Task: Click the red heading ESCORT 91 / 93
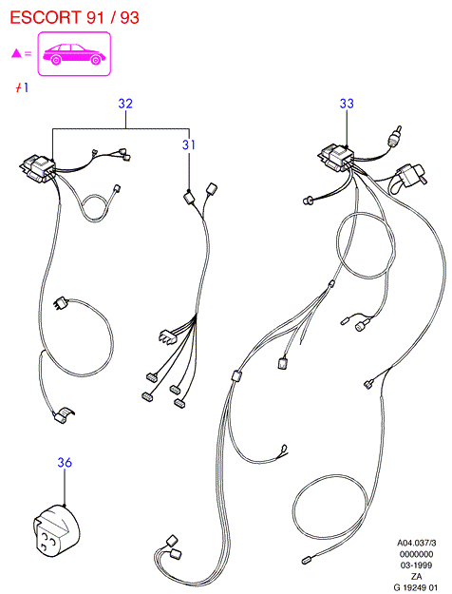tap(75, 18)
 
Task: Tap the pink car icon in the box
tap(74, 54)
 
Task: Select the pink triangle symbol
tap(16, 53)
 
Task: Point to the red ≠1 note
tap(22, 87)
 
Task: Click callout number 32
tap(125, 104)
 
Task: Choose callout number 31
tap(189, 144)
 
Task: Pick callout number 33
tap(347, 104)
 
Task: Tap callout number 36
tap(65, 463)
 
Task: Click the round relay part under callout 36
tap(56, 528)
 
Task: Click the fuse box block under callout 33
tap(336, 158)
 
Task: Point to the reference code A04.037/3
tap(417, 543)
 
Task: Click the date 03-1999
tap(417, 565)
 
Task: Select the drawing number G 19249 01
tap(415, 587)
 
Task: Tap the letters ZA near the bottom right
tap(417, 576)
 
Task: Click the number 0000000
tap(417, 554)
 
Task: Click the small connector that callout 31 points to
tap(189, 198)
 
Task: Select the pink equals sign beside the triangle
tap(28, 53)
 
